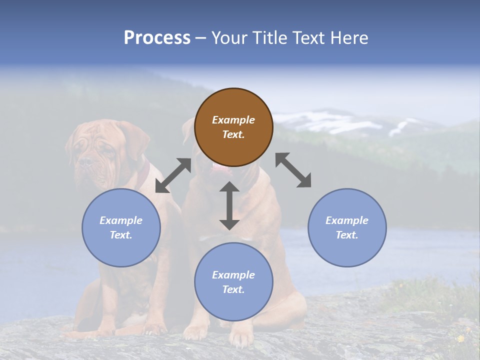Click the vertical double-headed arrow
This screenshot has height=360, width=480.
(x=229, y=205)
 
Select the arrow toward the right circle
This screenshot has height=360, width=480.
(x=293, y=170)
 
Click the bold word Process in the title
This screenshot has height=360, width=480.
(x=157, y=37)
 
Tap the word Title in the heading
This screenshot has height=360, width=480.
(x=270, y=37)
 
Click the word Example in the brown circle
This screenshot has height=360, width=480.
(x=233, y=120)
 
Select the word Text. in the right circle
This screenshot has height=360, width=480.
(x=347, y=235)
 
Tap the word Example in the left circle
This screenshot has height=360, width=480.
(x=121, y=220)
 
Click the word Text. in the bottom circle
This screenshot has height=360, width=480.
(x=233, y=289)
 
